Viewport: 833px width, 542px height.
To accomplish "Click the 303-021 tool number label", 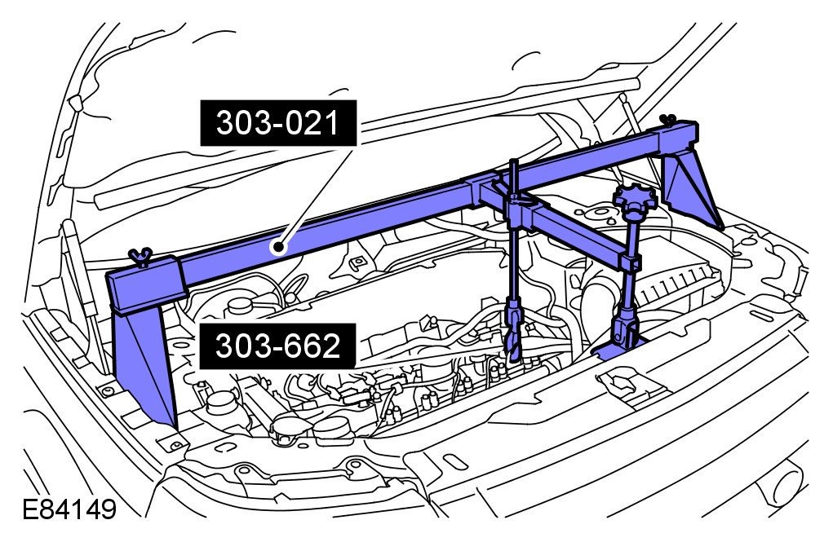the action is click(x=278, y=123).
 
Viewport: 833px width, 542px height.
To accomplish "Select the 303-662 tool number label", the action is click(x=277, y=346).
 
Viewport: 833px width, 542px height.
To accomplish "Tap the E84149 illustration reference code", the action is click(x=69, y=509).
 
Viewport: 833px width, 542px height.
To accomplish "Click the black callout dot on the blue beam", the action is click(x=277, y=247).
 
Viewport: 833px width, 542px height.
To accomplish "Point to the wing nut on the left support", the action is click(x=140, y=257).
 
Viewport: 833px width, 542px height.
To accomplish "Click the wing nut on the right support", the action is click(x=667, y=121).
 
